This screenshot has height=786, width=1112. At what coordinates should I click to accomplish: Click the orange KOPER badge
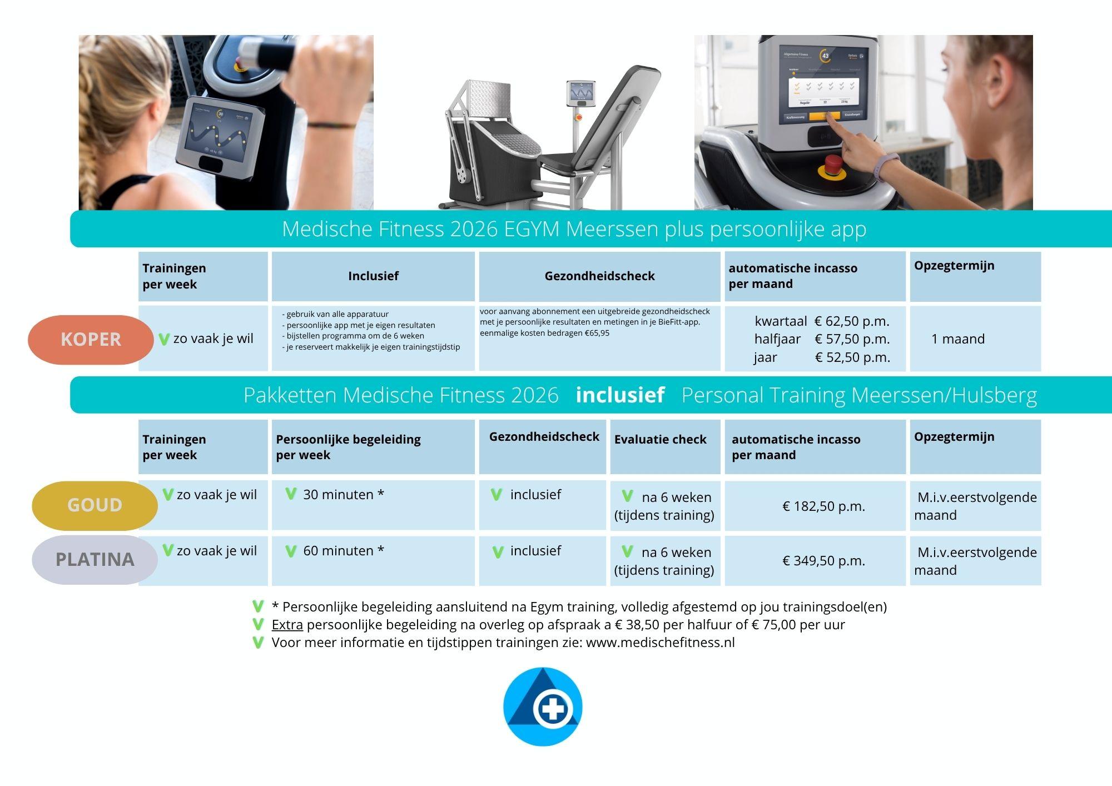tap(91, 340)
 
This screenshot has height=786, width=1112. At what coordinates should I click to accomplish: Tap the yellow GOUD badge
tap(95, 505)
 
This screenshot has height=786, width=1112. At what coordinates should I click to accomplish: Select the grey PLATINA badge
tap(95, 559)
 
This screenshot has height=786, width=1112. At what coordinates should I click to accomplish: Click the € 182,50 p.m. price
tap(823, 506)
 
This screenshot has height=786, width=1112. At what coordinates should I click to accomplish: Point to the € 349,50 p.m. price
tap(823, 561)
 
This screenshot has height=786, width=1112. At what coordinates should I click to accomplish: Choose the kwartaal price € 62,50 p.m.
tap(852, 321)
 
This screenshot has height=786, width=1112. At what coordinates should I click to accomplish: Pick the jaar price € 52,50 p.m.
tap(852, 357)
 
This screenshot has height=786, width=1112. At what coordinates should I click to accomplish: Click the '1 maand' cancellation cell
tap(958, 339)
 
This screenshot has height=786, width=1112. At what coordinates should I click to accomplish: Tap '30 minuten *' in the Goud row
tap(344, 495)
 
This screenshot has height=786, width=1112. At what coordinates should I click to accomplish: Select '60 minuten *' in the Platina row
tap(344, 551)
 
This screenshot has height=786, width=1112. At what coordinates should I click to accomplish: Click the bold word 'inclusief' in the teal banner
tap(620, 395)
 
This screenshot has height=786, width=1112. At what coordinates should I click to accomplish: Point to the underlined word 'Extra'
tap(287, 625)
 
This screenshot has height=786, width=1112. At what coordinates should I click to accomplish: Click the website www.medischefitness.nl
tap(661, 643)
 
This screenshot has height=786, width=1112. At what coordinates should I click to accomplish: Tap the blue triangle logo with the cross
tap(543, 707)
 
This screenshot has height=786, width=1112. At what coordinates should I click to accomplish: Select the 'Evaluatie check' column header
tap(660, 440)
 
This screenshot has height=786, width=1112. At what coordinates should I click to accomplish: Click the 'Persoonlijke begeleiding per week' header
tap(348, 447)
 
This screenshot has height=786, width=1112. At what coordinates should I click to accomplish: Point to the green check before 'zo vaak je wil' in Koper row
tap(163, 339)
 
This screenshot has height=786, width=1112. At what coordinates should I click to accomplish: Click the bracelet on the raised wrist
tap(331, 126)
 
